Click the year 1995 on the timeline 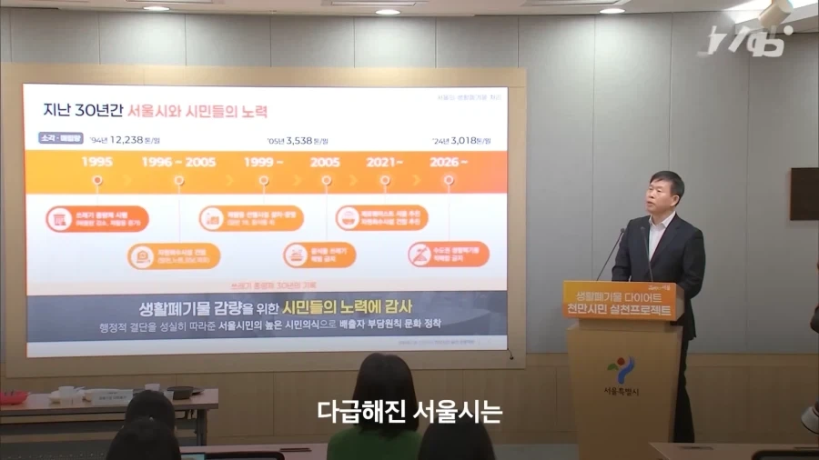(97, 162)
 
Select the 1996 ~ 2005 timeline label (178, 162)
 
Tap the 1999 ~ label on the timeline (263, 162)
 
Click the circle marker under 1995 (97, 180)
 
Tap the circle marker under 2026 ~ (448, 180)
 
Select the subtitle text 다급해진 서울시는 (409, 410)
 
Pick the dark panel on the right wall (804, 193)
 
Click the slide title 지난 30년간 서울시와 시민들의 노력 (155, 110)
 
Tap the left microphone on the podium (611, 255)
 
